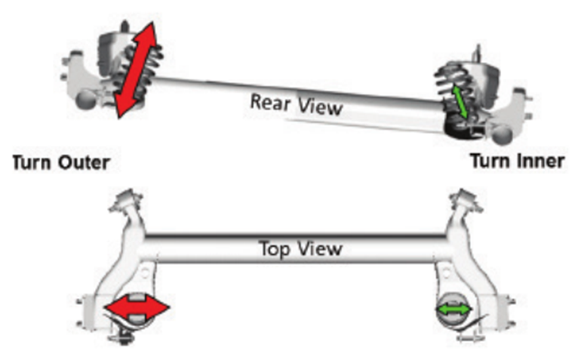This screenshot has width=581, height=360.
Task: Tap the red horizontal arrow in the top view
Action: [137, 308]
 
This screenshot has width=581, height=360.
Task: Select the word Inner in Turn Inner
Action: [538, 162]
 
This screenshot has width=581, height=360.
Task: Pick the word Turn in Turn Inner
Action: [491, 162]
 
